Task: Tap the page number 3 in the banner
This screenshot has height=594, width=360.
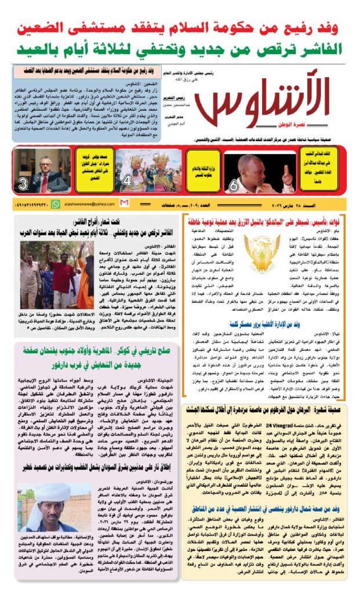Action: click(x=23, y=185)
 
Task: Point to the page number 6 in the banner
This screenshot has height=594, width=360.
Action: click(x=234, y=186)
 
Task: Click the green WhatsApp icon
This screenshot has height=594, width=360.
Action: click(x=55, y=204)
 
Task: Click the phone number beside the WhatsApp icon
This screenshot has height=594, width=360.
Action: click(x=29, y=204)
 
